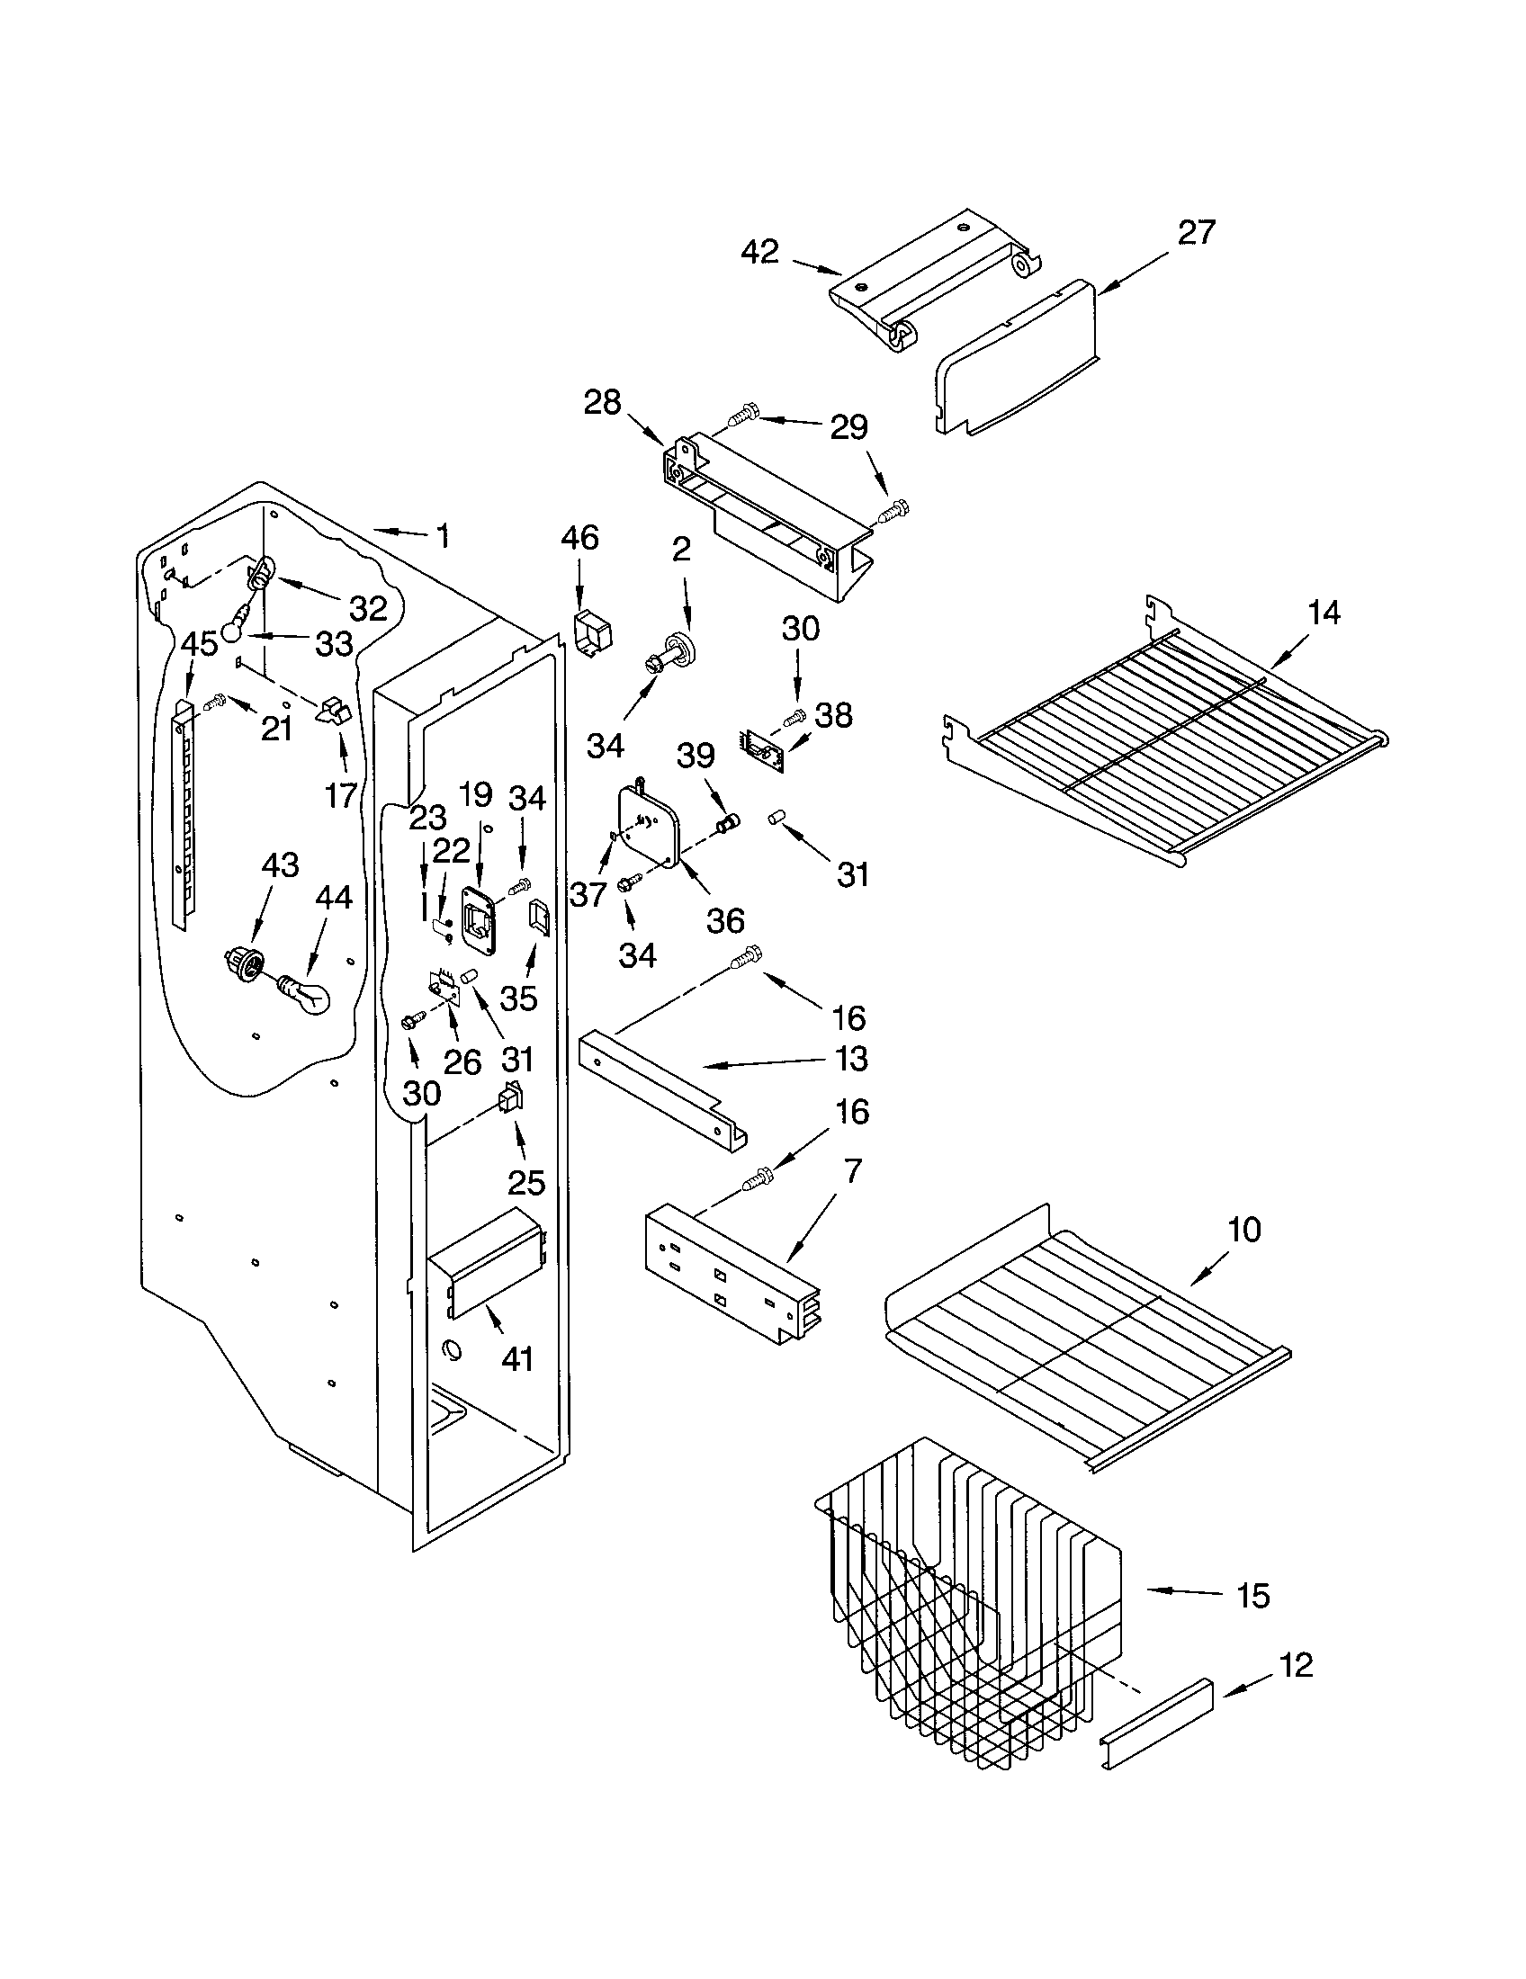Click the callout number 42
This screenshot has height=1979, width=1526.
[x=759, y=252]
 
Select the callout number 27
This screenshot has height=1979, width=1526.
[x=1195, y=233]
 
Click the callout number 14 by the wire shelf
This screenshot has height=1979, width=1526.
[x=1323, y=613]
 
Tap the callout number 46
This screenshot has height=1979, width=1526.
[x=579, y=538]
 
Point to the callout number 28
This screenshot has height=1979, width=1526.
[x=603, y=402]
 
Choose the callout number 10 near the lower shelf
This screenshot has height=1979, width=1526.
[x=1243, y=1230]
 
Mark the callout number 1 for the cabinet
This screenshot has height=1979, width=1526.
[x=442, y=536]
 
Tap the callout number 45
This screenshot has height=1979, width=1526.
[x=199, y=644]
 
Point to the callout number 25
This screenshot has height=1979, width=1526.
[x=525, y=1182]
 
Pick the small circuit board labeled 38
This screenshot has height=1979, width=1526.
[x=763, y=748]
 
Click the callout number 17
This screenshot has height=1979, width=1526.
[x=341, y=796]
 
